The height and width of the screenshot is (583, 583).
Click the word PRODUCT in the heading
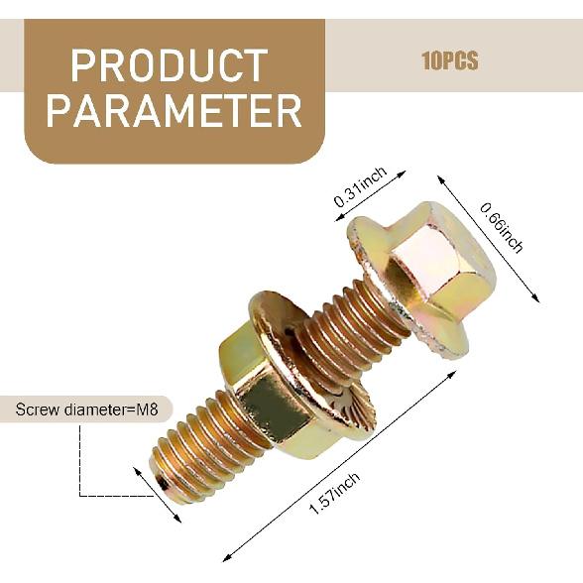coord(170,65)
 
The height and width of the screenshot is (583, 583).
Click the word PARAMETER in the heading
coord(175,110)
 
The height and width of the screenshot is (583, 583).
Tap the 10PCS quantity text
coord(450,60)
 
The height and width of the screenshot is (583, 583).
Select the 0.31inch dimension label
coord(360,187)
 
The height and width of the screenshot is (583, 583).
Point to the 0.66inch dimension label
coord(502,228)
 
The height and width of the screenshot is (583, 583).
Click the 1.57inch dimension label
coord(335,493)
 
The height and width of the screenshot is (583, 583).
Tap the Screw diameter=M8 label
coord(86,409)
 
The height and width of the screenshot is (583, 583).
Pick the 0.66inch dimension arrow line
coord(488,239)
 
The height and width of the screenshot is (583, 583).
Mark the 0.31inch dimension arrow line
coord(370,195)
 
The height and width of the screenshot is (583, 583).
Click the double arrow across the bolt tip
coord(158,495)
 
